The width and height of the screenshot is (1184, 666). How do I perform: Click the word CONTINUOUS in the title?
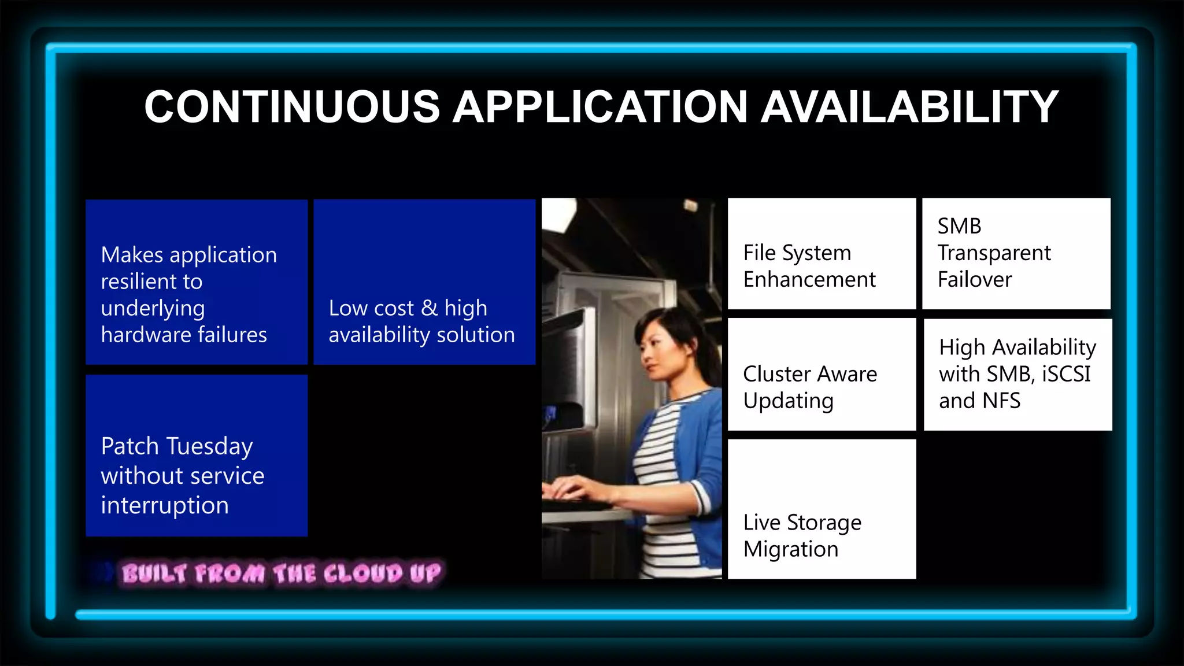[x=292, y=107]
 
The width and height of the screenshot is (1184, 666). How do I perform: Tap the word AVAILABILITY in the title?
[x=909, y=107]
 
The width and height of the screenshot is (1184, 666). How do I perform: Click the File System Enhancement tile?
[x=822, y=254]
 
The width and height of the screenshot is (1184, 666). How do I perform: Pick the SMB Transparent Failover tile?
[x=1016, y=254]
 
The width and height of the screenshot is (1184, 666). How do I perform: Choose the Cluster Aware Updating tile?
[x=822, y=374]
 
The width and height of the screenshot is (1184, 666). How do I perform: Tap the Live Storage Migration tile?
[x=822, y=509]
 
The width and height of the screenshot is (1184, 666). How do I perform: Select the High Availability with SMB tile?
[x=1017, y=374]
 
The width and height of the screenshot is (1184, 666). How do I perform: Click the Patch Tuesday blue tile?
[x=197, y=456]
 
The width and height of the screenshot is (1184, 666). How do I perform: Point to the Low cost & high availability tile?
[x=424, y=282]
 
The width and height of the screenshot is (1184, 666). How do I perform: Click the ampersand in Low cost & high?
[x=429, y=308]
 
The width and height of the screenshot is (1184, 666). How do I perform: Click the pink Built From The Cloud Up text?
[x=281, y=573]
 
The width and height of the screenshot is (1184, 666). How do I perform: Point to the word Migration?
[x=790, y=549]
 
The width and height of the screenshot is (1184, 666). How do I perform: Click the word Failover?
[x=975, y=280]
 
